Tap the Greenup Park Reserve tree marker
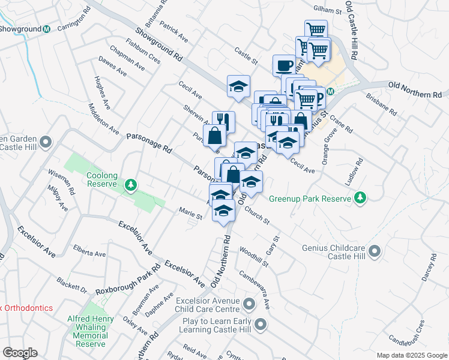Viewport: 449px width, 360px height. (x=360, y=197)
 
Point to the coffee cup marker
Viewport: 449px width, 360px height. (x=284, y=65)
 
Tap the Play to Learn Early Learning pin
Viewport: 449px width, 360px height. (x=260, y=325)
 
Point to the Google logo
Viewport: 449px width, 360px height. (x=20, y=353)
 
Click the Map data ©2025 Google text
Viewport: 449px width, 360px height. (x=411, y=355)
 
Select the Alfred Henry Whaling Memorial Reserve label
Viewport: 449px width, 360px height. (x=91, y=328)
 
